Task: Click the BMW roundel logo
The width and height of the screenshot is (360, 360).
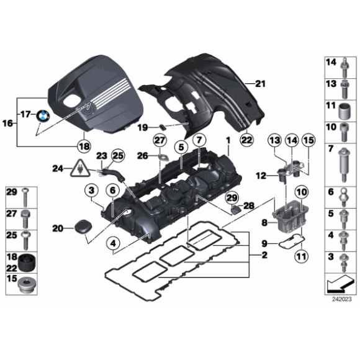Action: tap(43, 116)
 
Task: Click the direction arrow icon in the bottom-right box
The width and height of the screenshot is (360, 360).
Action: tap(338, 286)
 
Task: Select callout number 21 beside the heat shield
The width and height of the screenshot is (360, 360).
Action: tap(259, 83)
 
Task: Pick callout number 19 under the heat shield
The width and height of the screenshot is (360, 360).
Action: tap(142, 127)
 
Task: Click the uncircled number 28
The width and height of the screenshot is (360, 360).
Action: tap(248, 205)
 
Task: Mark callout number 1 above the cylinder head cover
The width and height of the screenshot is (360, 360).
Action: tap(228, 142)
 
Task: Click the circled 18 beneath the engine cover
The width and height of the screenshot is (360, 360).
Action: tap(83, 146)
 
